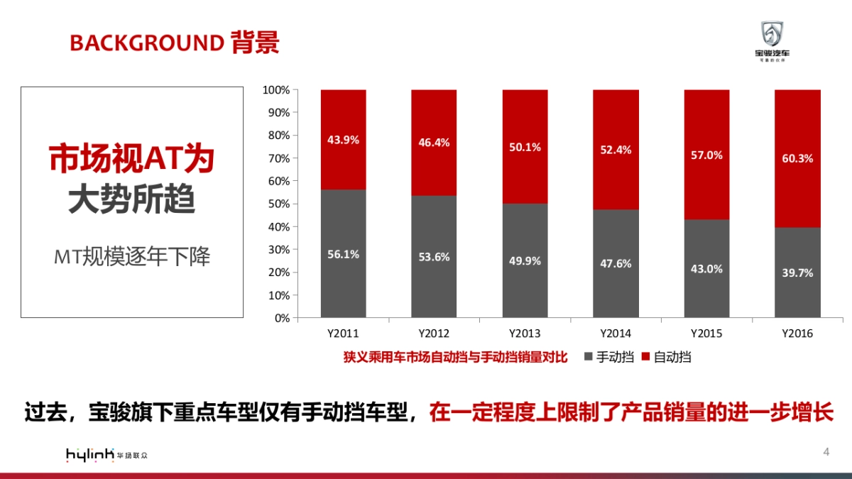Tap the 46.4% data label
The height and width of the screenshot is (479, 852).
(434, 143)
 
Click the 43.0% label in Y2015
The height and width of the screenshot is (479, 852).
(706, 269)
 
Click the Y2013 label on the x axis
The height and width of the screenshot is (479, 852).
(525, 333)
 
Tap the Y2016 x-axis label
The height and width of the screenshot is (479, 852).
(797, 333)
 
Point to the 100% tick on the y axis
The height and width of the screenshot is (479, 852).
(276, 90)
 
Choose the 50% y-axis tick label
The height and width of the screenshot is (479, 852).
(278, 204)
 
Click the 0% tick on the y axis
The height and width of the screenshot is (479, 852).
(282, 318)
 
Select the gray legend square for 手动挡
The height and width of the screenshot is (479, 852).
(589, 357)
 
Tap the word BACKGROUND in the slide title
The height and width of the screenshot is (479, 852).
(146, 43)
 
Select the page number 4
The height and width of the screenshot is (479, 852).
(826, 452)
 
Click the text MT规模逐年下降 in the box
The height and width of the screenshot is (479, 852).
(133, 256)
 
